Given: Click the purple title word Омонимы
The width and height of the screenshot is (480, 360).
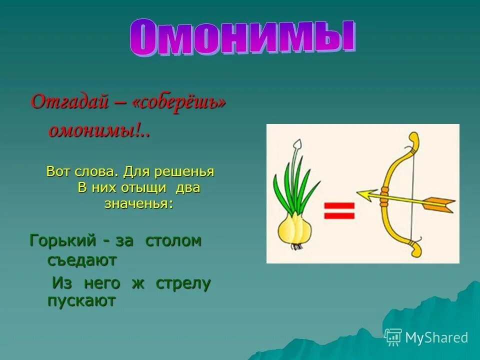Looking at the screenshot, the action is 242,37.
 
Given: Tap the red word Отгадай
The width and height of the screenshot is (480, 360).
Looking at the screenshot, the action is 69,101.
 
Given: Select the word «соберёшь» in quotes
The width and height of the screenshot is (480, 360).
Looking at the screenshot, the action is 179,103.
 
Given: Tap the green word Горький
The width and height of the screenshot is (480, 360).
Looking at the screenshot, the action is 62,241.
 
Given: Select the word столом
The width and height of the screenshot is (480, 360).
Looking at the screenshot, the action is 173,241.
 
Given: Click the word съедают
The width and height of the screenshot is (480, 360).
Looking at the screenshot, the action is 82,260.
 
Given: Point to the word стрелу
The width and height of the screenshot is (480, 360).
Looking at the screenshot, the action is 183,284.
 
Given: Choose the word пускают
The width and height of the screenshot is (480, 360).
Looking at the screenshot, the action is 81,301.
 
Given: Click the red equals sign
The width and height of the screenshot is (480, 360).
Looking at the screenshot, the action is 339,210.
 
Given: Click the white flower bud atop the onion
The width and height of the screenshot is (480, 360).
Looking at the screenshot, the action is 297,144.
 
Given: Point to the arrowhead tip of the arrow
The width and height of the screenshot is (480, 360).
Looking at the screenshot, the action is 357,193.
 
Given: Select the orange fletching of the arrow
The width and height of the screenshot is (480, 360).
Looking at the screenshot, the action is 438,204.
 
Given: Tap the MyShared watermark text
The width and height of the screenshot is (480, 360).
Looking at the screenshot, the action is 436,337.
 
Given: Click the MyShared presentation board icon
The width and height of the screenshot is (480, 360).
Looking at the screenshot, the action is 393,337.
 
